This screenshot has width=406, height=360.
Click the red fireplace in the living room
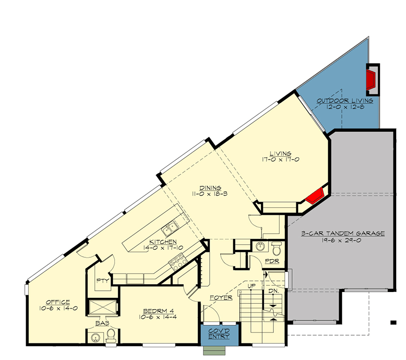tap(316, 195)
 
